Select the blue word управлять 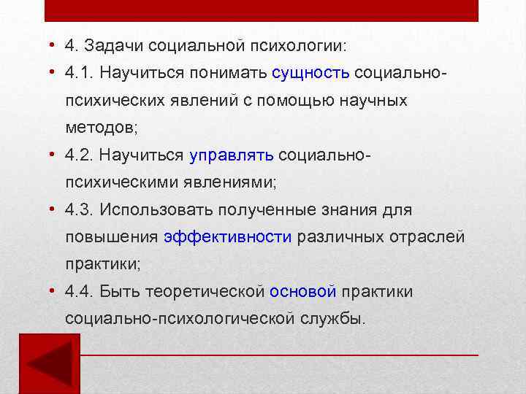click(x=231, y=155)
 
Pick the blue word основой click(x=302, y=292)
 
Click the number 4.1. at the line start click(x=79, y=73)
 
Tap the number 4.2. click(x=79, y=155)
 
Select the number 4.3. click(x=79, y=210)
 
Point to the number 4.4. click(x=79, y=292)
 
